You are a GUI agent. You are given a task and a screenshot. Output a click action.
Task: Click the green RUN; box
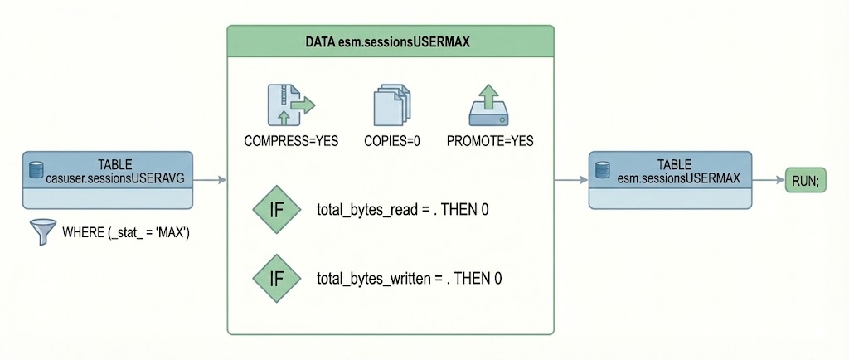click(805, 181)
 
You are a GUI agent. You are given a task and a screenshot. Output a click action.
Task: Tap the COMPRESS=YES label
click(292, 140)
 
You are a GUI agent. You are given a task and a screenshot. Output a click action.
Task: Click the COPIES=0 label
click(392, 140)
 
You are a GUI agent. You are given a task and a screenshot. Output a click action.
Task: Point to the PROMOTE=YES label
click(489, 140)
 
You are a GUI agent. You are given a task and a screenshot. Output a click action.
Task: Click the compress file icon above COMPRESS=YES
click(292, 105)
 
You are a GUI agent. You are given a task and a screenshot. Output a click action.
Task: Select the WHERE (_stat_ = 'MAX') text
click(127, 232)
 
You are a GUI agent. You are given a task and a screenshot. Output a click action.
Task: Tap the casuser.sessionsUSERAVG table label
click(115, 170)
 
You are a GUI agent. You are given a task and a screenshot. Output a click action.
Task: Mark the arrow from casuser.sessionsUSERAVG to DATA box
click(210, 180)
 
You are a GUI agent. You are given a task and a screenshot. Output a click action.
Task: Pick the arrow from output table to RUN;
click(768, 180)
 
